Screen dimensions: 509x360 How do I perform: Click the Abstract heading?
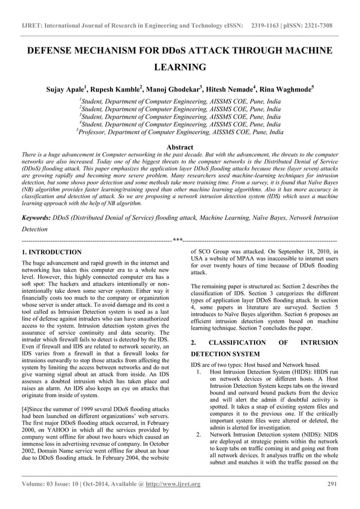tap(179, 146)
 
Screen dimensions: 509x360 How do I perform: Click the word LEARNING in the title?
tap(179, 67)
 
